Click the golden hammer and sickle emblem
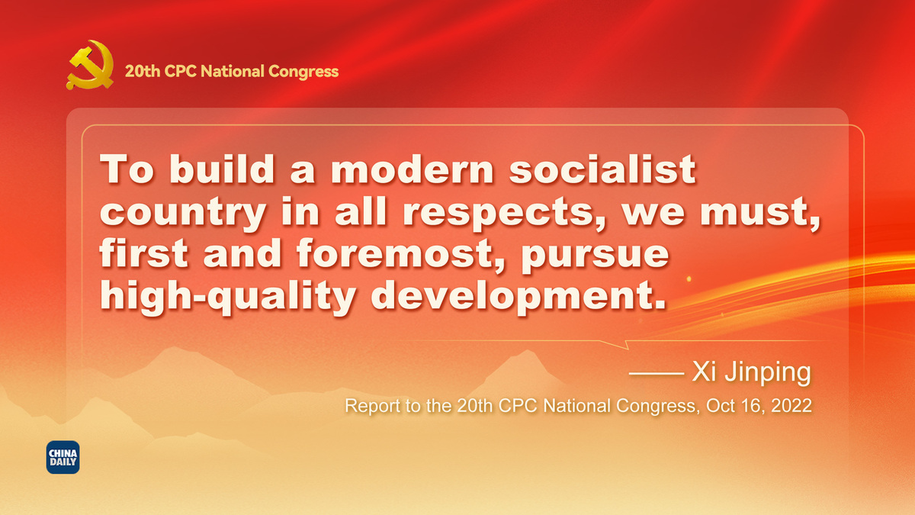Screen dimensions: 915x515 point(90,65)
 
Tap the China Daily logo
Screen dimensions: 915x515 point(63,457)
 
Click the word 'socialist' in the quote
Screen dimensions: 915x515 point(602,169)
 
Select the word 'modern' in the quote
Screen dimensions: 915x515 point(413,169)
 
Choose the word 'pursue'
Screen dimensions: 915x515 point(595,256)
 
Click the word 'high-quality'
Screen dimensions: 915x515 point(228,297)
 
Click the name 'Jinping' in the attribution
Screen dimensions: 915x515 point(768,372)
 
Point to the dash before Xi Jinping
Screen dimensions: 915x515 point(657,373)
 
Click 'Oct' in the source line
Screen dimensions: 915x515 point(720,405)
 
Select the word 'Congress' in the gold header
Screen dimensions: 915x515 point(303,72)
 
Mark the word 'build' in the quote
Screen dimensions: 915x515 point(222,169)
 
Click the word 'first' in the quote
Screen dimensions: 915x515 point(143,253)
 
